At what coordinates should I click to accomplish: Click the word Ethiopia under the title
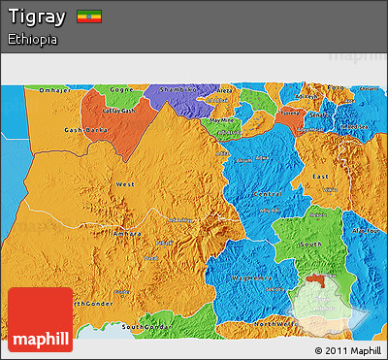tap(31, 40)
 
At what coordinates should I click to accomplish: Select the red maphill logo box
tap(40, 318)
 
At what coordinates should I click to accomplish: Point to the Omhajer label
tap(54, 90)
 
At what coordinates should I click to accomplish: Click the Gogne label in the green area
tap(121, 89)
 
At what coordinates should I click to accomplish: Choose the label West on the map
tap(125, 183)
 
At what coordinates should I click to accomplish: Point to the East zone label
tap(320, 176)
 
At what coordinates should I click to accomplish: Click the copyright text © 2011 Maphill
tap(347, 349)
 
